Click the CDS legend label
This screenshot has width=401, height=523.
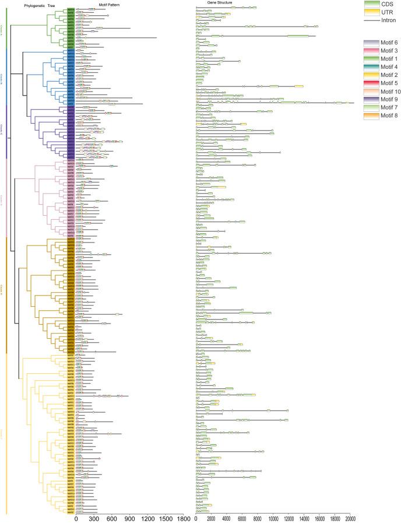pyautogui.click(x=388, y=3)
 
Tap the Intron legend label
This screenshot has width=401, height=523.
pyautogui.click(x=388, y=20)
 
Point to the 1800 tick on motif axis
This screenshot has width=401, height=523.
pyautogui.click(x=184, y=518)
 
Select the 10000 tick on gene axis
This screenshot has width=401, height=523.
pyautogui.click(x=273, y=518)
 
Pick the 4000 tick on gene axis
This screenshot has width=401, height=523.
pyautogui.click(x=227, y=518)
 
